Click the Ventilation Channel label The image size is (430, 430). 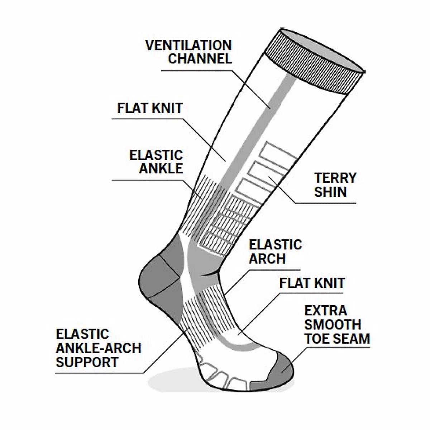(x=188, y=52)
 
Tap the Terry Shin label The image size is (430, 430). (x=335, y=185)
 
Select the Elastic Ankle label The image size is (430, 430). (x=156, y=162)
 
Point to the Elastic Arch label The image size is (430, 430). (x=275, y=252)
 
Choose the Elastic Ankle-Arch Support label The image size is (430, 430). (x=98, y=348)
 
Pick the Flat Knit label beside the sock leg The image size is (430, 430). (x=150, y=108)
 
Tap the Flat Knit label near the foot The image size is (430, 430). (x=312, y=283)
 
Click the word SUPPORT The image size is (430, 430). (x=87, y=362)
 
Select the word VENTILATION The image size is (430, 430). (x=188, y=46)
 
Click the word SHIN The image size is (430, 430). (x=330, y=192)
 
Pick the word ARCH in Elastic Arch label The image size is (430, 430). (x=267, y=258)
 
